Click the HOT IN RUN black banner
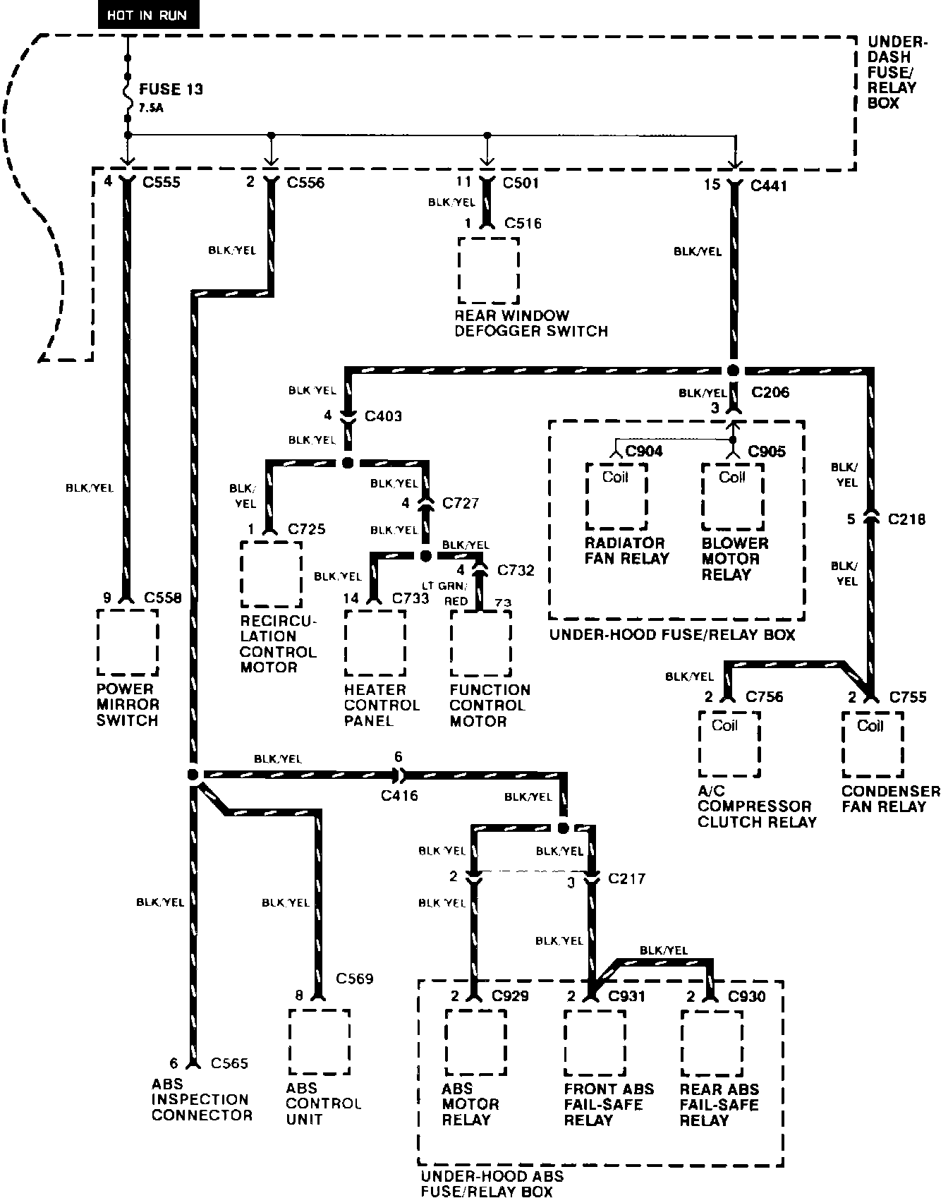tap(148, 16)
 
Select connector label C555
tap(162, 183)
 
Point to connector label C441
tap(768, 186)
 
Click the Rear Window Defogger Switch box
tap(488, 270)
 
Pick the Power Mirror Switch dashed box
tap(128, 642)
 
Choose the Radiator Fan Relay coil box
tap(616, 495)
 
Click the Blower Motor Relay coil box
tap(732, 495)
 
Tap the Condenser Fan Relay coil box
tap(873, 744)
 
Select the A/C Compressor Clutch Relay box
tap(729, 744)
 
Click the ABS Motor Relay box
tap(475, 1042)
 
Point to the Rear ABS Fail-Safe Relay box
tap(711, 1042)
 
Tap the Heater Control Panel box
tap(375, 643)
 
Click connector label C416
tap(399, 796)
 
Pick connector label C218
tap(907, 519)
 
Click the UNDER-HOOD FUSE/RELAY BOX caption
tap(671, 635)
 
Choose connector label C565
tap(229, 1063)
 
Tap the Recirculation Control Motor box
tap(271, 574)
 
